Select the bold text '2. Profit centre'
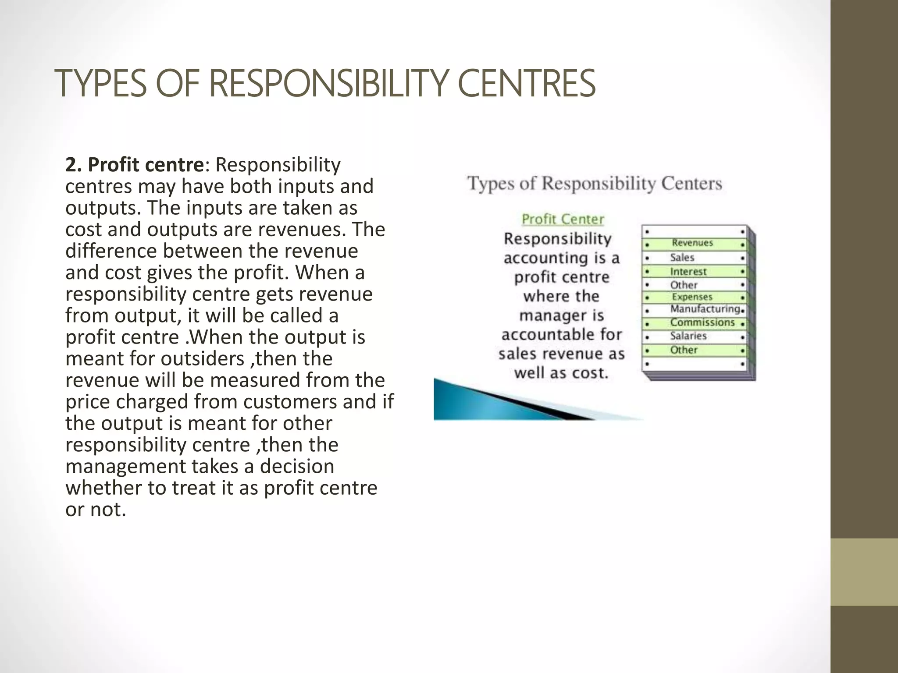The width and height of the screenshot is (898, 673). (x=134, y=165)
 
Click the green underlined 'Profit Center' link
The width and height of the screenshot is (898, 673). (x=563, y=219)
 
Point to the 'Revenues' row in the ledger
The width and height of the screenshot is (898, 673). (x=692, y=243)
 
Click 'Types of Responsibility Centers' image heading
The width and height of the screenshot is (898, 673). (x=595, y=183)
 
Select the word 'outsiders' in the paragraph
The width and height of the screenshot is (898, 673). (x=203, y=359)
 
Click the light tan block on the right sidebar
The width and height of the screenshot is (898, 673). (x=864, y=572)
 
